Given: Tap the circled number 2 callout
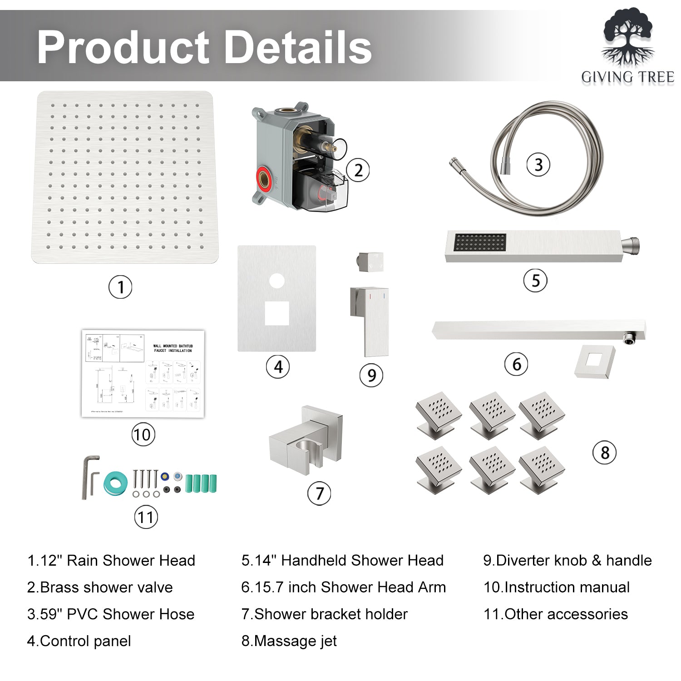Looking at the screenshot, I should tap(358, 170).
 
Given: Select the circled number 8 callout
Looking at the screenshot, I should tap(605, 453).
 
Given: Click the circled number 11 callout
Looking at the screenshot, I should tap(146, 517).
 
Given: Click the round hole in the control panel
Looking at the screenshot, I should tap(276, 281).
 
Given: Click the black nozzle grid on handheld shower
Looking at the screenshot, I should tap(480, 242).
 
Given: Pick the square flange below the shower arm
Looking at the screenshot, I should tap(595, 361).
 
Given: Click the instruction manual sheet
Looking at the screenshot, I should tap(143, 374).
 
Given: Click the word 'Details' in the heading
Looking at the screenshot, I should tap(298, 47).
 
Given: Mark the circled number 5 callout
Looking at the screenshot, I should tap(535, 281).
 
